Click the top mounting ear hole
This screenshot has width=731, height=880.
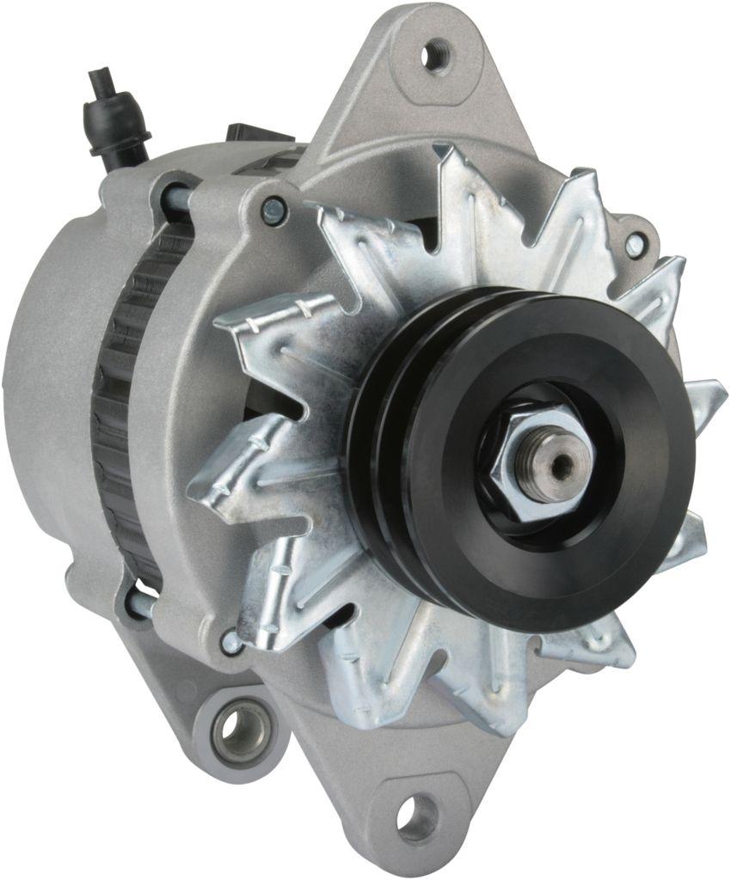tap(436, 54)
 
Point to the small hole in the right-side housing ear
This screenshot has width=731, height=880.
tap(635, 246)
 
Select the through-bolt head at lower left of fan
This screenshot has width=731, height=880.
tap(230, 640)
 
